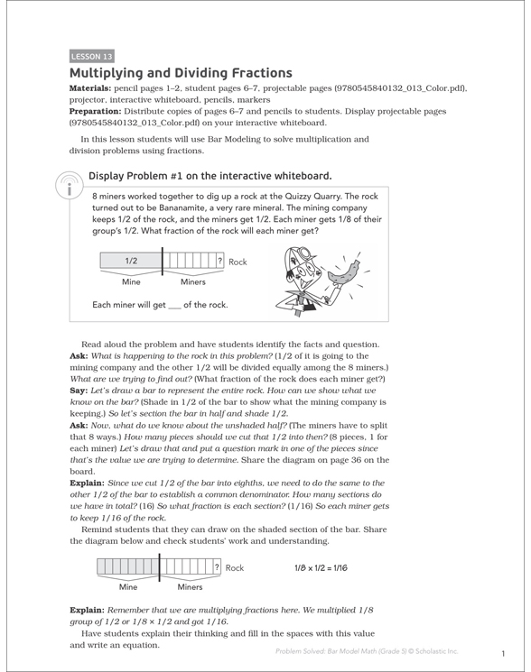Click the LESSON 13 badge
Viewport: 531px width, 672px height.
coord(91,56)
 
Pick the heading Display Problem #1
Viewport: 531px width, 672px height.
coord(210,176)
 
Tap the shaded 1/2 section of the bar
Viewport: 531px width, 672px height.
coord(131,262)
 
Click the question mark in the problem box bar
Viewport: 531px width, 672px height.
coord(219,262)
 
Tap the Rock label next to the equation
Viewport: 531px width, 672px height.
coord(235,568)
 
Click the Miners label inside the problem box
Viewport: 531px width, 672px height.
coord(192,282)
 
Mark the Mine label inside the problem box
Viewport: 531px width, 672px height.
coord(130,282)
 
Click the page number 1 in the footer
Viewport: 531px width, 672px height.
coord(501,653)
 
